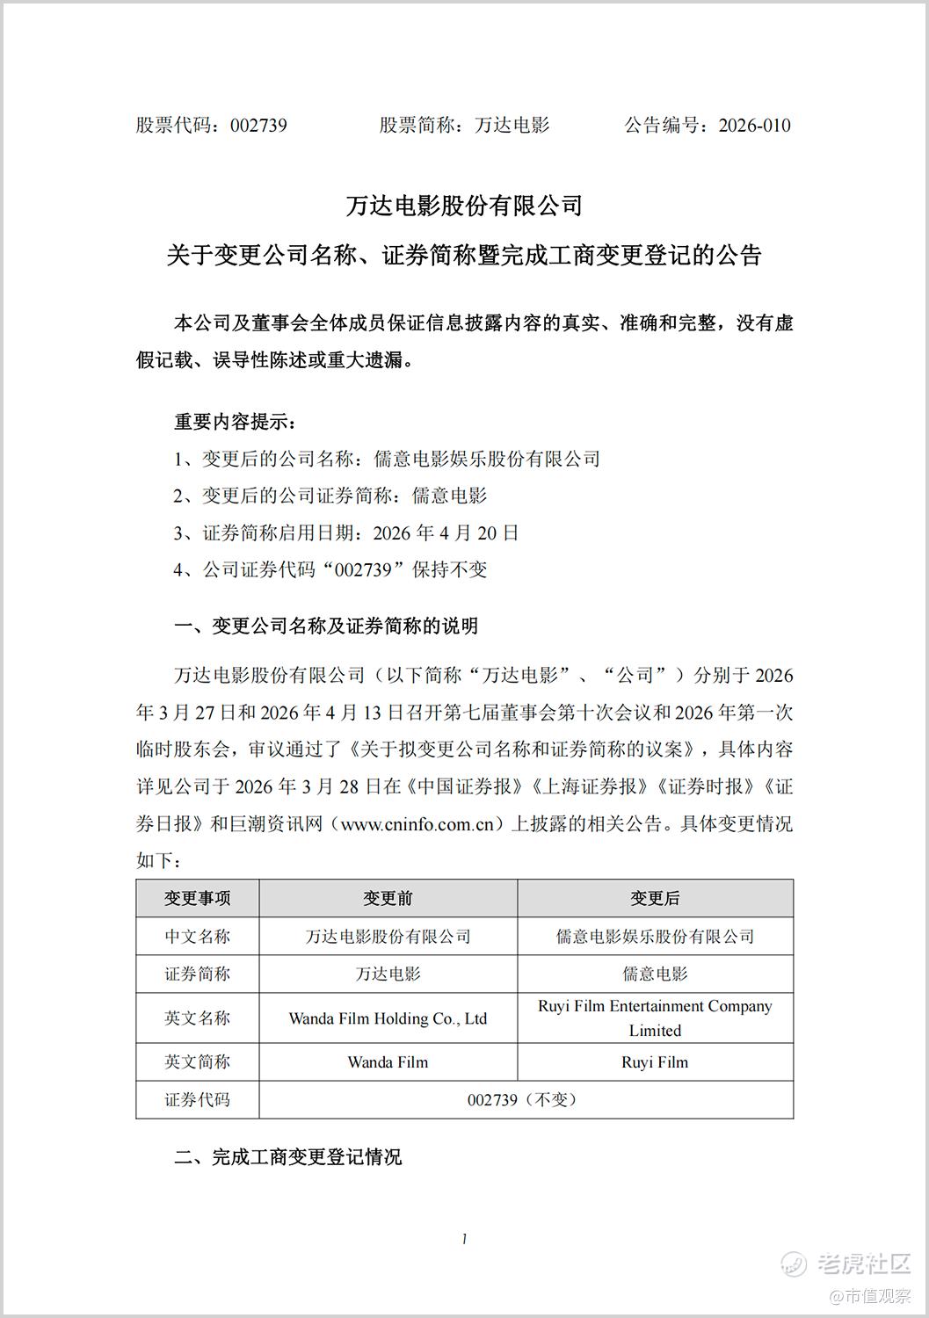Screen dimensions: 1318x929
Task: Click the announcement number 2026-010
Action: [x=754, y=126]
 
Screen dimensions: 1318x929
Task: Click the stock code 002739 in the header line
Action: [x=258, y=126]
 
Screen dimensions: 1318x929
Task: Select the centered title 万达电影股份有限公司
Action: [x=464, y=206]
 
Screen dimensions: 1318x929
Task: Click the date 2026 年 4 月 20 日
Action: [x=446, y=532]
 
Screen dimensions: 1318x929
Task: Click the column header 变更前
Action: [x=388, y=899]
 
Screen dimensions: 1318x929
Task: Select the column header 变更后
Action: [x=655, y=899]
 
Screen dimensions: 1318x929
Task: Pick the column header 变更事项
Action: [x=198, y=899]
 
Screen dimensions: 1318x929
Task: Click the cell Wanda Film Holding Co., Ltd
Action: [x=388, y=1019]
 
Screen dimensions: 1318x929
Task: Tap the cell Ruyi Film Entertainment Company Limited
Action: [x=655, y=1017]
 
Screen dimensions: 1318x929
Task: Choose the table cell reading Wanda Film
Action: [x=388, y=1062]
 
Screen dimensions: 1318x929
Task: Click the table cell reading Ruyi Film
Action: [x=655, y=1062]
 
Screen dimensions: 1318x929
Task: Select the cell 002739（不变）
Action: [x=525, y=1100]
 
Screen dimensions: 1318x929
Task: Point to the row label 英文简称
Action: [x=198, y=1062]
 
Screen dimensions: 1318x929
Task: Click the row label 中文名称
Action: [x=198, y=937]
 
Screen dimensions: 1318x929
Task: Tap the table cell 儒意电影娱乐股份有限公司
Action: [x=655, y=937]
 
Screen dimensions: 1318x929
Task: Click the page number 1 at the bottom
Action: [x=464, y=1239]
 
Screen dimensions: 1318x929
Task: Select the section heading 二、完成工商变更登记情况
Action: [x=287, y=1157]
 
